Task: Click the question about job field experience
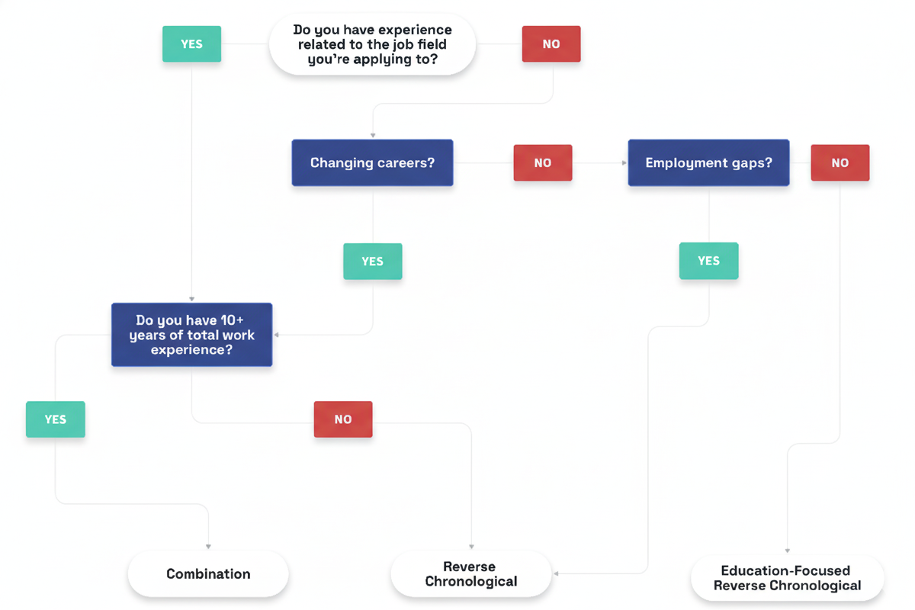tap(372, 44)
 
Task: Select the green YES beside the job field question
tap(191, 44)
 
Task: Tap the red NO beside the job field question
tap(551, 44)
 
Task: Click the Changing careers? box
tap(372, 162)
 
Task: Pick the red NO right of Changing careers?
tap(542, 162)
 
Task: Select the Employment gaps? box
tap(708, 162)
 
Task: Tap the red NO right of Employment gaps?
tap(840, 162)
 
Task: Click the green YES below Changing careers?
tap(372, 261)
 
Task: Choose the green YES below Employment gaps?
tap(708, 261)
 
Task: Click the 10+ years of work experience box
tap(191, 335)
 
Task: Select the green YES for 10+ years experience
tap(55, 419)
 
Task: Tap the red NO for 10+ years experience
tap(343, 419)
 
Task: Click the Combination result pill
tap(208, 574)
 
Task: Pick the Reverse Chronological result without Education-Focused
tap(470, 574)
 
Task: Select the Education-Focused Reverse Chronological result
tap(787, 578)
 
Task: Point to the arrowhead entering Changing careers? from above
tap(372, 135)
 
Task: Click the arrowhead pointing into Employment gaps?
tap(624, 162)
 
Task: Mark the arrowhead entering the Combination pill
tap(208, 547)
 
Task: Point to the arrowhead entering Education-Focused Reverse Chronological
tap(787, 551)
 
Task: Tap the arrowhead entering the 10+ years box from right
tap(277, 335)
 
